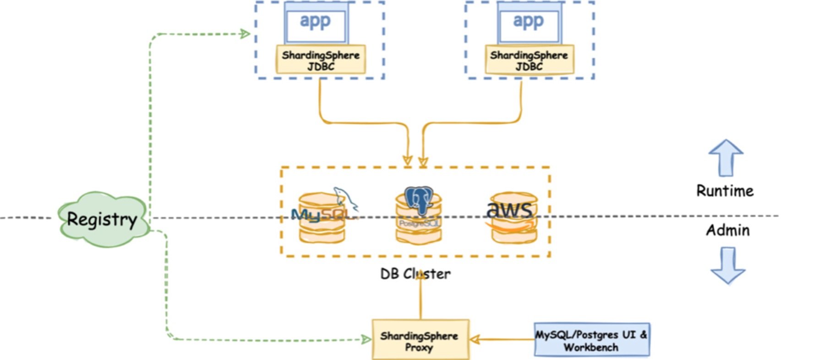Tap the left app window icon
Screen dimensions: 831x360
click(315, 23)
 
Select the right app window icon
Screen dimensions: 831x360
click(529, 23)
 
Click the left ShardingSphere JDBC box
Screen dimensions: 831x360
click(321, 60)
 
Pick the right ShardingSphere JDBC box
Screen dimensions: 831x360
click(529, 60)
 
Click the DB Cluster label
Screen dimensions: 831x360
click(415, 274)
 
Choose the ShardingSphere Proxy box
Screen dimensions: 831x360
click(420, 341)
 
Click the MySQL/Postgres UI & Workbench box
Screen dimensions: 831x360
click(591, 340)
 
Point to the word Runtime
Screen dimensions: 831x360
click(725, 191)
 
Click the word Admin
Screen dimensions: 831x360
click(727, 230)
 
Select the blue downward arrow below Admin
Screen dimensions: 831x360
click(727, 266)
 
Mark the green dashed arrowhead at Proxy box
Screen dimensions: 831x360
click(366, 339)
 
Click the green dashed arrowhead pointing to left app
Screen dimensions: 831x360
click(245, 33)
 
